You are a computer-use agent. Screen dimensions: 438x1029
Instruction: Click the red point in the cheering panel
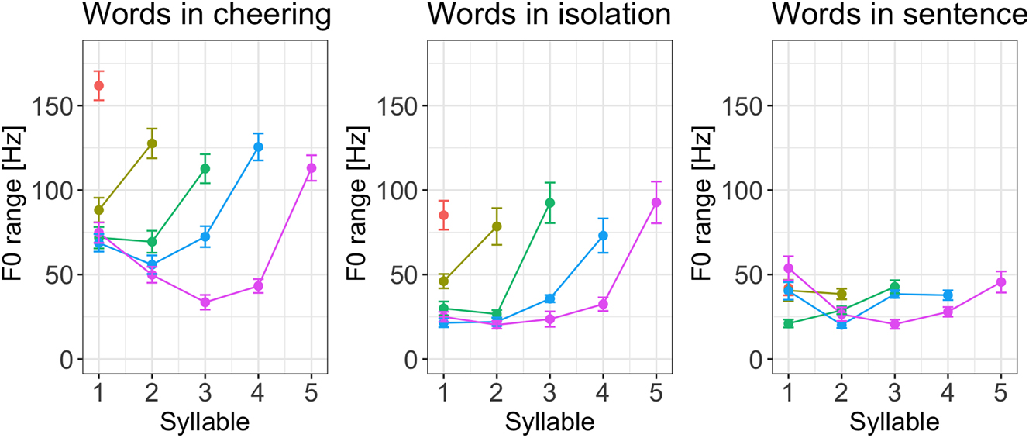coord(98,85)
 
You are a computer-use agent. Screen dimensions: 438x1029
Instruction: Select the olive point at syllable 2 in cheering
coord(152,143)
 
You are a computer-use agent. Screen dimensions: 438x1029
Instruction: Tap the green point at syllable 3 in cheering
coord(205,168)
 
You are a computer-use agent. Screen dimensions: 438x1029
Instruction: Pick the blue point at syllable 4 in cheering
coord(258,147)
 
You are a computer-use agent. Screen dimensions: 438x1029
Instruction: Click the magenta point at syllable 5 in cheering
coord(311,168)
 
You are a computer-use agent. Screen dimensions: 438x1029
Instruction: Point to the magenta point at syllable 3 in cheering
coord(205,302)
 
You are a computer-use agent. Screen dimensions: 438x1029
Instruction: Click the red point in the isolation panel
coord(443,215)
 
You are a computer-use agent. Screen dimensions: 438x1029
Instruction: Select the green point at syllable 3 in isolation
coord(550,202)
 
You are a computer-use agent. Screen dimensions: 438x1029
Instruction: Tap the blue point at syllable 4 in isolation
coord(603,235)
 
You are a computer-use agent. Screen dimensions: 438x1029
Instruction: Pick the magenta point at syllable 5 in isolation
coord(656,202)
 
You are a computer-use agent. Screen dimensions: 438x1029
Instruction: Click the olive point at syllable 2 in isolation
coord(497,226)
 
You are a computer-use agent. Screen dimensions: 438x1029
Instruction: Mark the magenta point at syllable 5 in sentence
coord(1001,282)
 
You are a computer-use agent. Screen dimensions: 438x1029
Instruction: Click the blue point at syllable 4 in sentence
coord(948,295)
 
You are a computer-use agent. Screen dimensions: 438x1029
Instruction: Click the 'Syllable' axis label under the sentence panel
coord(894,422)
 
